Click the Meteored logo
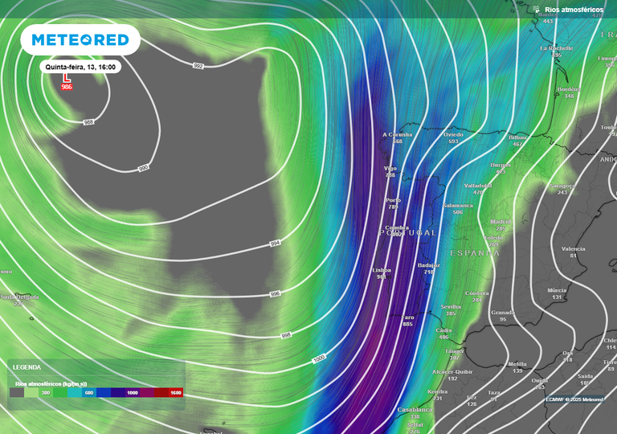(80, 39)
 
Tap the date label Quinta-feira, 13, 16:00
(81, 68)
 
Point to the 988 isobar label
(89, 122)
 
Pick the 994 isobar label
(274, 242)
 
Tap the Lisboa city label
(381, 271)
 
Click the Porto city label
(393, 199)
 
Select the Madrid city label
(501, 222)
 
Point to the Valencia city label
(573, 249)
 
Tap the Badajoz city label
(429, 265)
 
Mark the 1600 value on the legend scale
(175, 393)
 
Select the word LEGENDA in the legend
(27, 367)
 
